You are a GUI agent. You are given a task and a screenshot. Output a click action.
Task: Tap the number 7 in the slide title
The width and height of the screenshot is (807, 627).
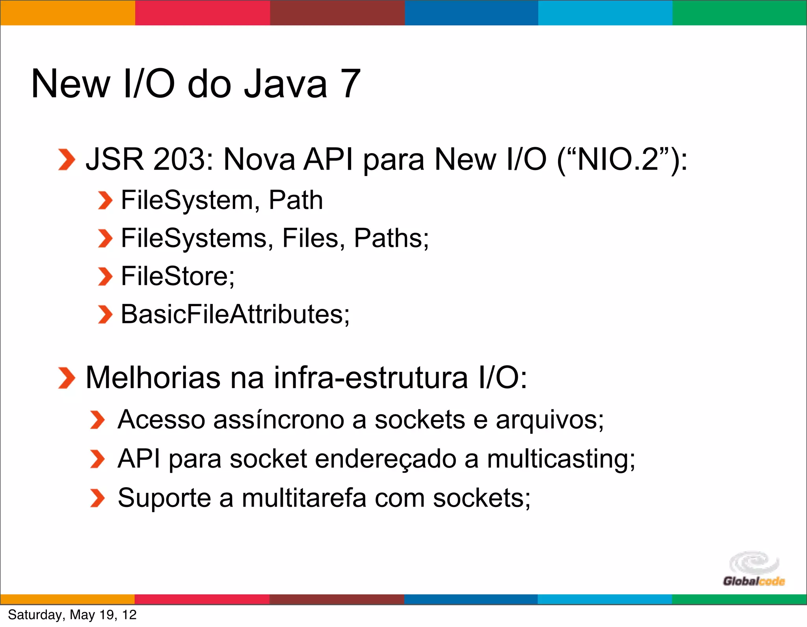[351, 84]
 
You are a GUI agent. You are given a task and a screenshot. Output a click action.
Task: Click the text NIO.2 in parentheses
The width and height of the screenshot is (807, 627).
[618, 159]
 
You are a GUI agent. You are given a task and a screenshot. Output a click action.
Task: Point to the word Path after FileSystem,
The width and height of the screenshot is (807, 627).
[296, 200]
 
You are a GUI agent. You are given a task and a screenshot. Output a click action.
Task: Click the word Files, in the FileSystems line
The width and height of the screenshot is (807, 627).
[314, 238]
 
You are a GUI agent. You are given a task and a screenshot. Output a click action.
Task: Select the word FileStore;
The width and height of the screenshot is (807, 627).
[178, 276]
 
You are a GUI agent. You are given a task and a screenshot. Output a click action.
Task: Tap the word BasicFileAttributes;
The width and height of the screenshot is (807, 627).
[235, 314]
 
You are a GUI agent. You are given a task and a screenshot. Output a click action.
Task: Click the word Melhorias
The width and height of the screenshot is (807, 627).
[153, 378]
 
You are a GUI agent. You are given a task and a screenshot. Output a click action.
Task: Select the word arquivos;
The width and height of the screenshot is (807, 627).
[550, 420]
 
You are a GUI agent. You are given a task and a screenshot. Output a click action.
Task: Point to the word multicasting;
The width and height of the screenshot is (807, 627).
[561, 459]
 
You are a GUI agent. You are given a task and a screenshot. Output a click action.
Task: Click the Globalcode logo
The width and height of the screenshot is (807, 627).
[754, 569]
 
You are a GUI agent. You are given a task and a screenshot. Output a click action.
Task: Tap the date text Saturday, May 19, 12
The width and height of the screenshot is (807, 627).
[72, 615]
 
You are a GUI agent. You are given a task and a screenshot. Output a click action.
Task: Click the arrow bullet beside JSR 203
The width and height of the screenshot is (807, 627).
[66, 160]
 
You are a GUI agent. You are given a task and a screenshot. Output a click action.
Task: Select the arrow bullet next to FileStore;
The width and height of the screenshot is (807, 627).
[105, 276]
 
